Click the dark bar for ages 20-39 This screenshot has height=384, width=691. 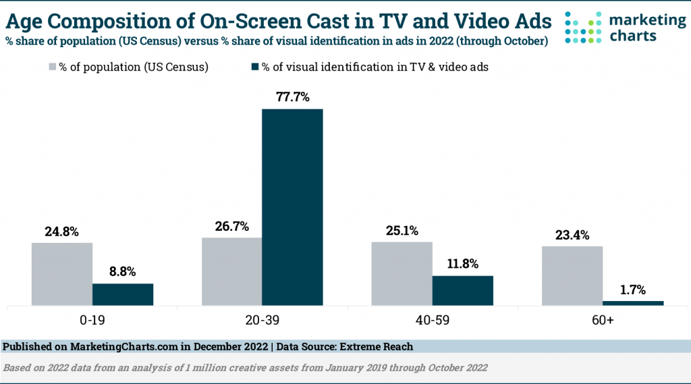(x=292, y=207)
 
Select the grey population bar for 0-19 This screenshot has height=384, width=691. (x=62, y=273)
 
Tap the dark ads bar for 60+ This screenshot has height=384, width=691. (x=633, y=303)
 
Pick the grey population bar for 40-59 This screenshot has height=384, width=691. (x=402, y=273)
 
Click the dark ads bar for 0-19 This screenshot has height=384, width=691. (x=123, y=294)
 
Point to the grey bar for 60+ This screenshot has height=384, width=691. (x=572, y=275)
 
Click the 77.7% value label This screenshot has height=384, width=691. (x=292, y=97)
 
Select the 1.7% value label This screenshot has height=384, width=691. (x=633, y=291)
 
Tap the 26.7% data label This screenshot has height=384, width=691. (x=231, y=227)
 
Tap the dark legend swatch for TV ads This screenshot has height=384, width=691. (x=256, y=67)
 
